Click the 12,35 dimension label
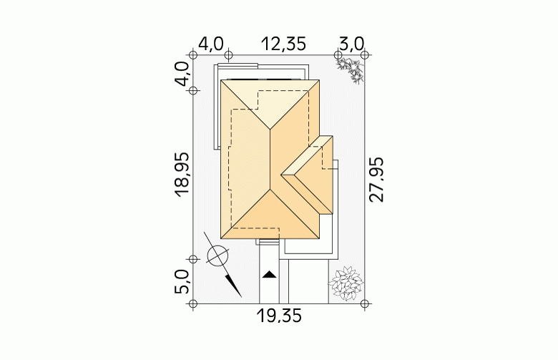coord(283,44)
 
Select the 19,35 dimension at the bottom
coord(279,316)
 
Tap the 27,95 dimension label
coord(376,180)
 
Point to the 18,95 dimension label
coord(182,175)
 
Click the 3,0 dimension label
coord(352,44)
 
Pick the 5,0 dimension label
coord(182,282)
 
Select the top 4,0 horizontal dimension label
coord(210,44)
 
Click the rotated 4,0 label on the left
coord(182,74)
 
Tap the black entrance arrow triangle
coord(270,275)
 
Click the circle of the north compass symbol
coord(217,256)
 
